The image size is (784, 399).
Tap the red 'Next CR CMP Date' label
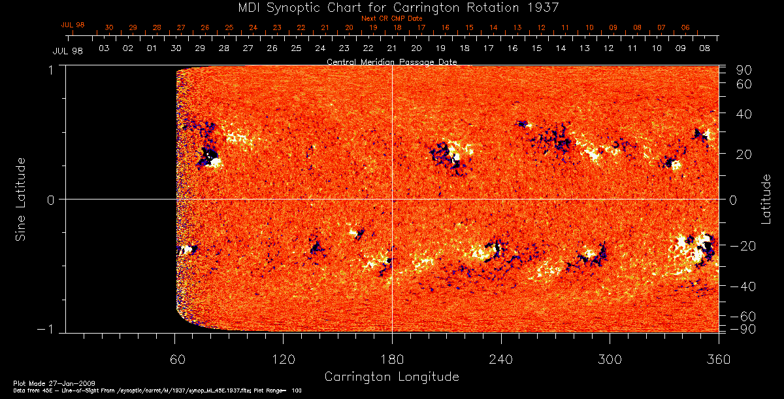click(x=392, y=18)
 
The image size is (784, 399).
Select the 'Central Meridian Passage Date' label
click(x=391, y=61)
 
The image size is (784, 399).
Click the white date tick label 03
click(x=103, y=48)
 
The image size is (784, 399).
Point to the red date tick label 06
click(x=685, y=27)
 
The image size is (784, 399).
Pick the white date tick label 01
click(x=152, y=48)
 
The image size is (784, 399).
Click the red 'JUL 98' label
click(x=73, y=25)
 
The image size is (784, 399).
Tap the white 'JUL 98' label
click(x=67, y=50)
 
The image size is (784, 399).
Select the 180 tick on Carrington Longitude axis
click(x=392, y=360)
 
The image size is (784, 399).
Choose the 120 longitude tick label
click(x=283, y=360)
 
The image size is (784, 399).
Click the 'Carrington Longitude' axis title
click(x=391, y=377)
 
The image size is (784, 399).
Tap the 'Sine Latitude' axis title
click(x=21, y=199)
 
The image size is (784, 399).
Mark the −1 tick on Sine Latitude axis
click(x=48, y=328)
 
